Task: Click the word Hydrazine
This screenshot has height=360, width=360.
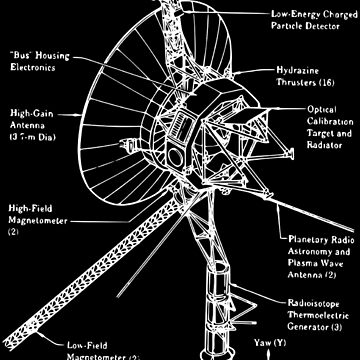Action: coord(295,72)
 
